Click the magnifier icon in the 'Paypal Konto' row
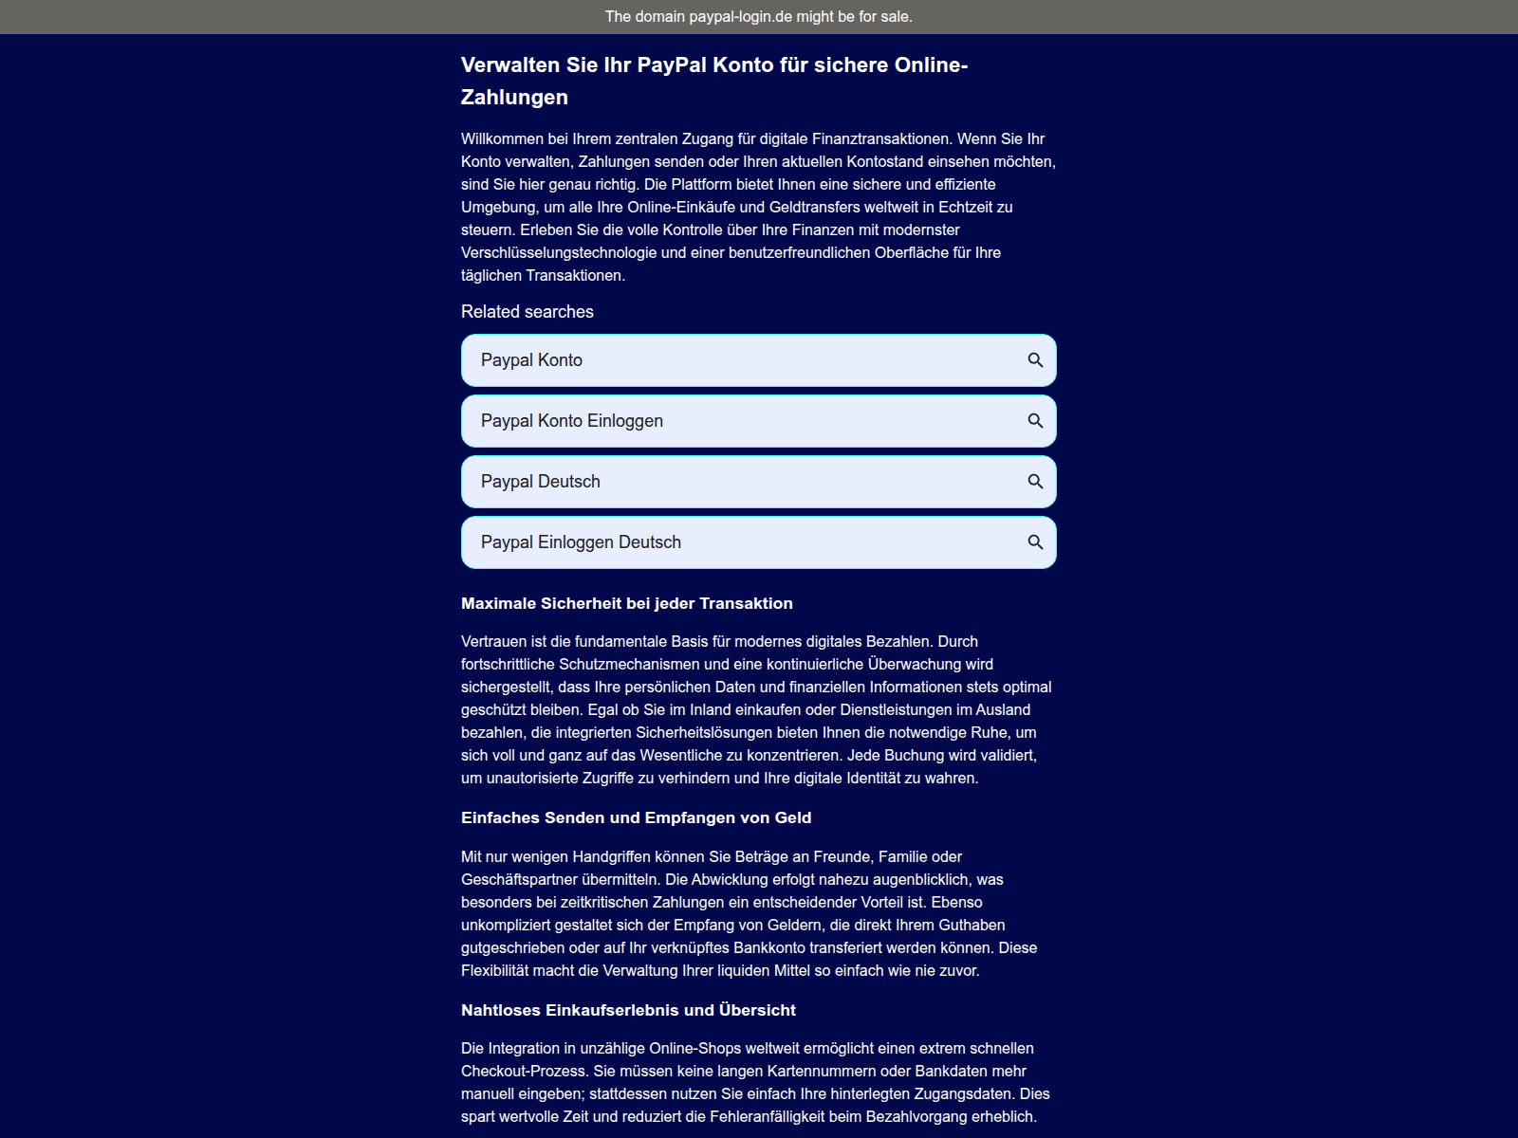pyautogui.click(x=1035, y=360)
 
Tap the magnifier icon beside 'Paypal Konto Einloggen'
pyautogui.click(x=1035, y=421)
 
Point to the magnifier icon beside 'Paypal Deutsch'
pyautogui.click(x=1035, y=482)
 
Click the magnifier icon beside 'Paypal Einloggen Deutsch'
pyautogui.click(x=1035, y=542)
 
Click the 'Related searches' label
pyautogui.click(x=527, y=312)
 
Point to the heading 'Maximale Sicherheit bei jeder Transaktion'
pyautogui.click(x=626, y=603)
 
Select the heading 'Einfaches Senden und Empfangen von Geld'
pyautogui.click(x=636, y=817)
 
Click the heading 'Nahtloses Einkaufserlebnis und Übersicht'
pyautogui.click(x=628, y=1010)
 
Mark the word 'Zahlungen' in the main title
pyautogui.click(x=514, y=98)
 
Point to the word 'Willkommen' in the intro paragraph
pyautogui.click(x=502, y=139)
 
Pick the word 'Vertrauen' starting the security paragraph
pyautogui.click(x=493, y=642)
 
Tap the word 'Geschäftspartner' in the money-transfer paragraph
pyautogui.click(x=519, y=880)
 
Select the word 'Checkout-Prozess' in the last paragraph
pyautogui.click(x=523, y=1072)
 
